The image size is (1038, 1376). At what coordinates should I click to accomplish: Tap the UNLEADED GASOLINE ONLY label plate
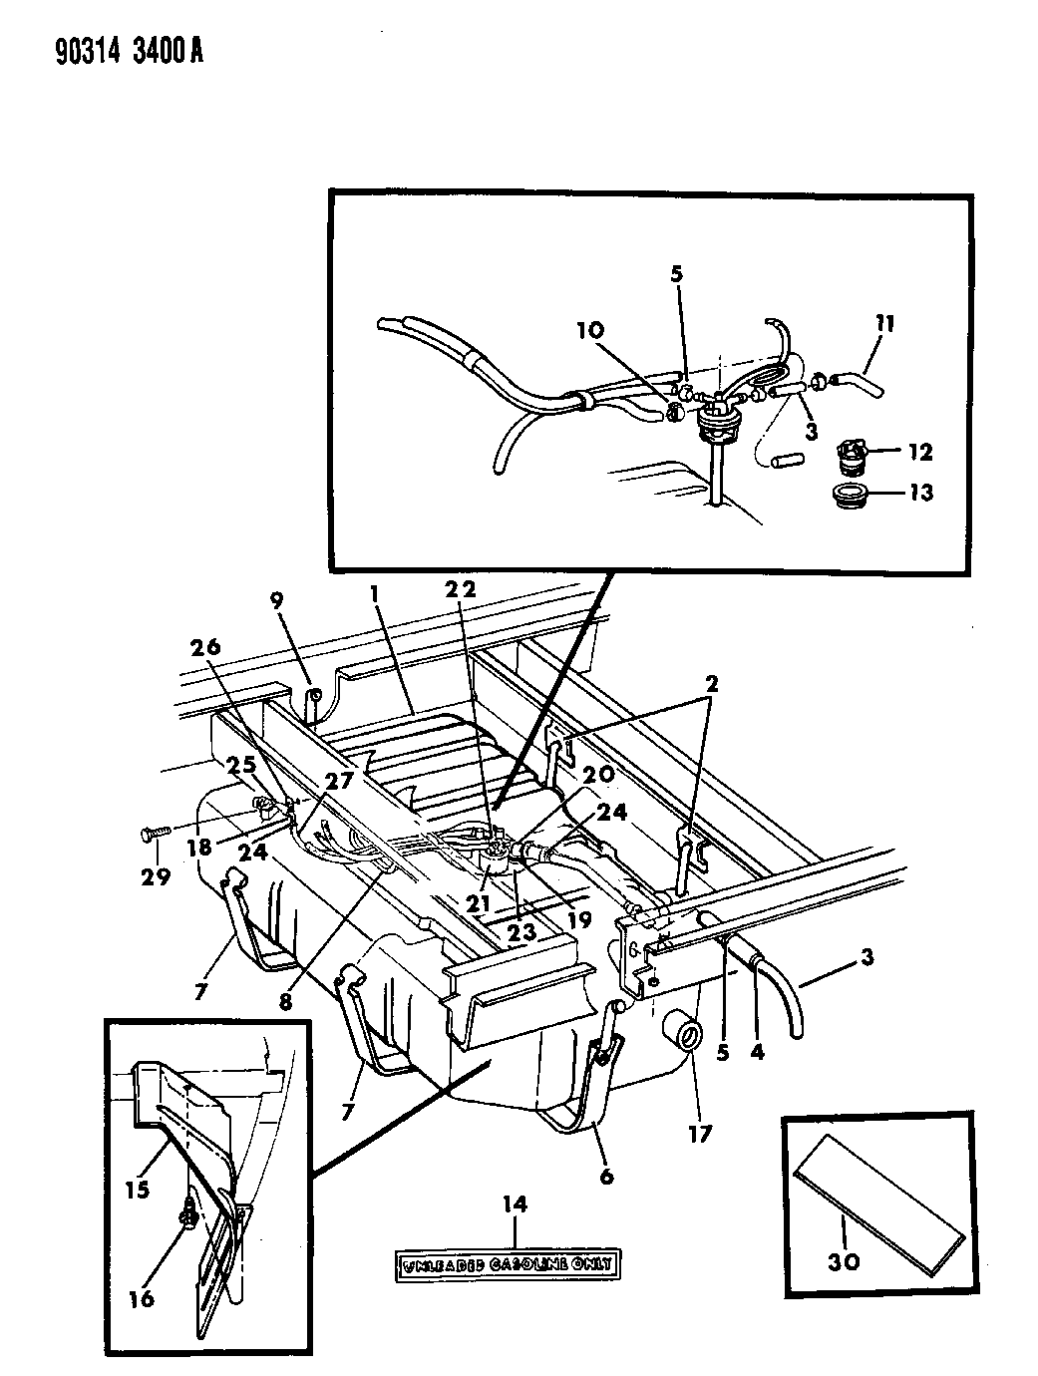507,1264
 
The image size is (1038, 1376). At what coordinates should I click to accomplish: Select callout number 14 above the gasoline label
516,1205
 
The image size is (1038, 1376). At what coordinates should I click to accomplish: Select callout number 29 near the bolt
157,876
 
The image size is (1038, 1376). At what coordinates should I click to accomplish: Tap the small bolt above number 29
155,830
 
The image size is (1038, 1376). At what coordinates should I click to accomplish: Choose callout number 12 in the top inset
918,453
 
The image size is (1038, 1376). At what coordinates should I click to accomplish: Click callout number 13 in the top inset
919,493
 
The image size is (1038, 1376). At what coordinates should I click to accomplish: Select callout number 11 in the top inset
884,323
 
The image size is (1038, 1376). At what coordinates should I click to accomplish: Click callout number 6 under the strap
605,1177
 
